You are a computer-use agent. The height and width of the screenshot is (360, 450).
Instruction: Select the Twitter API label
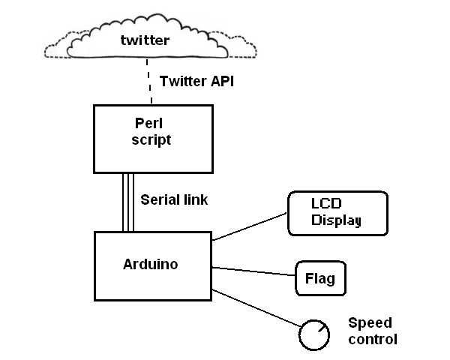196,82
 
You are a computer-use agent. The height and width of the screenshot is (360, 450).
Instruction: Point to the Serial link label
175,200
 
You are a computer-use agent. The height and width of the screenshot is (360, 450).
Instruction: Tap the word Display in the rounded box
337,220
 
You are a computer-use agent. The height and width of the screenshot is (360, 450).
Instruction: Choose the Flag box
320,280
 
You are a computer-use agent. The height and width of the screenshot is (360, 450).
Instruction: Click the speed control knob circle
313,335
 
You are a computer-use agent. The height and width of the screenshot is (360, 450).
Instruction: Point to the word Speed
370,323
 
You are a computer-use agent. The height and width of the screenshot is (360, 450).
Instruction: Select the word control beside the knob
373,339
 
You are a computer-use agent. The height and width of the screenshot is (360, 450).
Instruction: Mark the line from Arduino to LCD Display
250,226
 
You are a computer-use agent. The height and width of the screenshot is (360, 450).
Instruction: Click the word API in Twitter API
220,82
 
